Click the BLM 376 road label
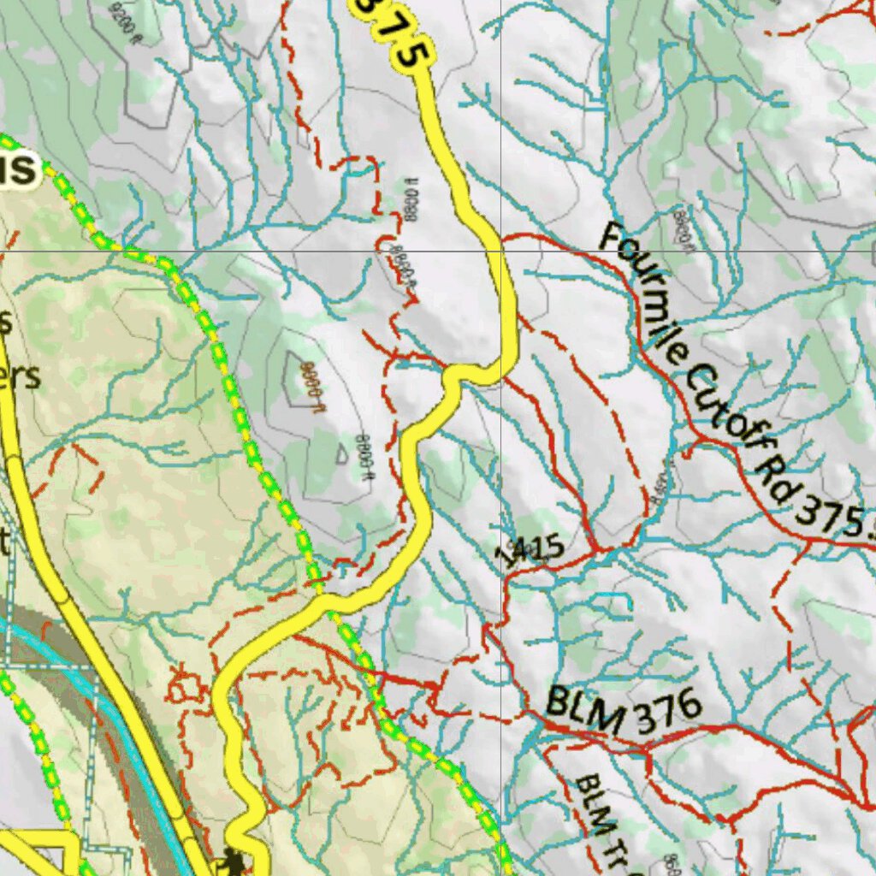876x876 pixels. tap(623, 710)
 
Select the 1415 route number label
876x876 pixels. tap(530, 549)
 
